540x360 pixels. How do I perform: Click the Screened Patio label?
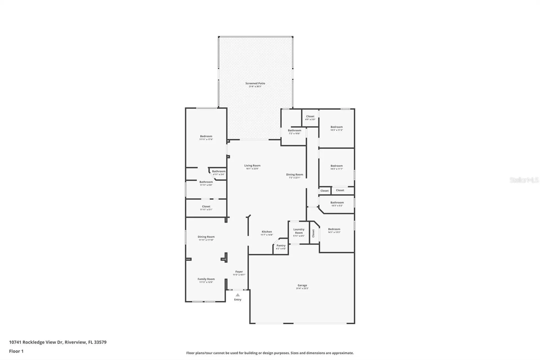[x=255, y=83]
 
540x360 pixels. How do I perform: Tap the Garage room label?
[x=302, y=285]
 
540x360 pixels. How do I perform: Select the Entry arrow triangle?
[x=238, y=295]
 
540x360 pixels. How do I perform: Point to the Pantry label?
[x=281, y=245]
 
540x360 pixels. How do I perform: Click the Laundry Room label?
[x=299, y=231]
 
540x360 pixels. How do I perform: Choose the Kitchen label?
[x=267, y=232]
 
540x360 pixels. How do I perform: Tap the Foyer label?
[x=239, y=272]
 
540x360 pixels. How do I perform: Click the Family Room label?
[x=206, y=279]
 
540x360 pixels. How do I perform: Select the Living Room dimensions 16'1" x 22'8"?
[x=252, y=169]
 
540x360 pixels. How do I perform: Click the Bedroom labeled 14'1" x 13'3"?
[x=334, y=229]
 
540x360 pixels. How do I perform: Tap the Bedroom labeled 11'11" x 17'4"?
[x=206, y=136]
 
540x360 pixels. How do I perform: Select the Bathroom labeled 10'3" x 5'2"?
[x=337, y=202]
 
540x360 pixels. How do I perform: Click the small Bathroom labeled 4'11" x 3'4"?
[x=219, y=171]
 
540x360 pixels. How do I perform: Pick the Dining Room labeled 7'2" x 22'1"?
[x=294, y=175]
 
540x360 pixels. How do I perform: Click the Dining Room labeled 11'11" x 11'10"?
[x=206, y=237]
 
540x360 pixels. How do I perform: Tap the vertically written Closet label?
[x=313, y=233]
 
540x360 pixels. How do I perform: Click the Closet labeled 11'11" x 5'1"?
[x=206, y=206]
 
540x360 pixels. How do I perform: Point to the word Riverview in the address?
[x=75, y=342]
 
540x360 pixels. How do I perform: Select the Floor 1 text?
[x=16, y=351]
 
